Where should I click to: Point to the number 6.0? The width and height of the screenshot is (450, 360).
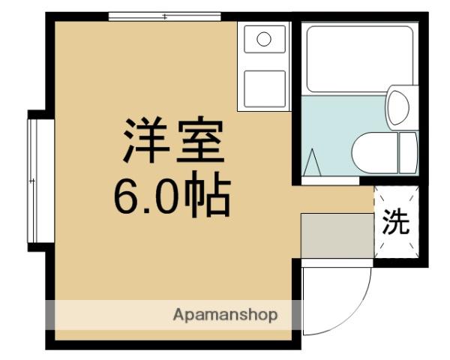(142, 196)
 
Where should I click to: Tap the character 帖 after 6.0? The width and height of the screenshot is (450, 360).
(203, 196)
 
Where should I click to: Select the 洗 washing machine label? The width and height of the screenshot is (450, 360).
(395, 222)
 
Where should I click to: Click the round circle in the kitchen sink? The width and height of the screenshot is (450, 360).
(263, 39)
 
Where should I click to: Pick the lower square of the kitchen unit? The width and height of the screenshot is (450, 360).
(263, 88)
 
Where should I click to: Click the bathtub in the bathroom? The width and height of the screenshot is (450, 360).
(360, 58)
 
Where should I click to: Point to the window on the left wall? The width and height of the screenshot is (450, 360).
(32, 180)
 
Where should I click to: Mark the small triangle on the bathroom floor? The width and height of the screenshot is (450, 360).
(313, 161)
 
